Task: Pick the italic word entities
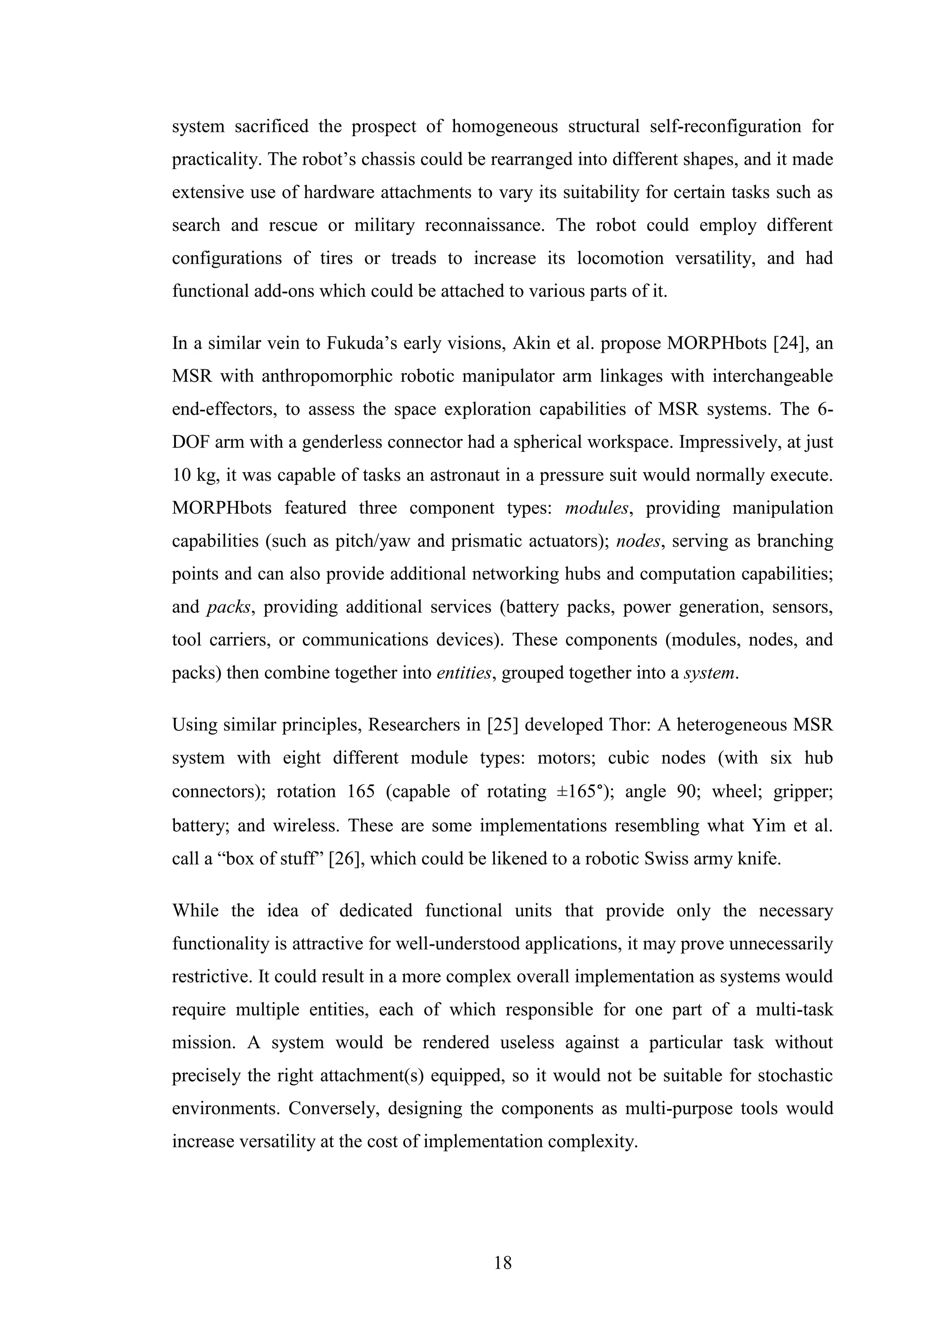[464, 673]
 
